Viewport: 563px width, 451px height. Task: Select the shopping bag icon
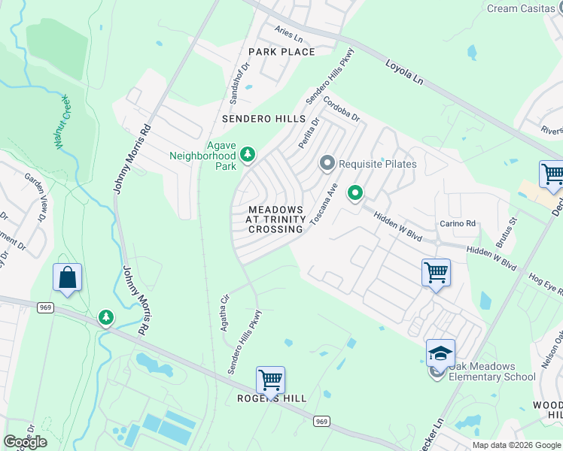tap(67, 277)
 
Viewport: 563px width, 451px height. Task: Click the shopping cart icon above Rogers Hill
tap(270, 380)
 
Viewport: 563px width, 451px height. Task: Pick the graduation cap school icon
tap(440, 353)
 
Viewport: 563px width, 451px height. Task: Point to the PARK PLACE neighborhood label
tap(281, 52)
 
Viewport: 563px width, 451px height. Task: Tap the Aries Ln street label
tap(288, 35)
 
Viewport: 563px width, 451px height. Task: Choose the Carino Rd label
tap(458, 224)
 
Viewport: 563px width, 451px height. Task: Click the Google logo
tap(25, 441)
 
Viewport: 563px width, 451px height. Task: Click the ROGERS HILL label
tap(272, 398)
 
